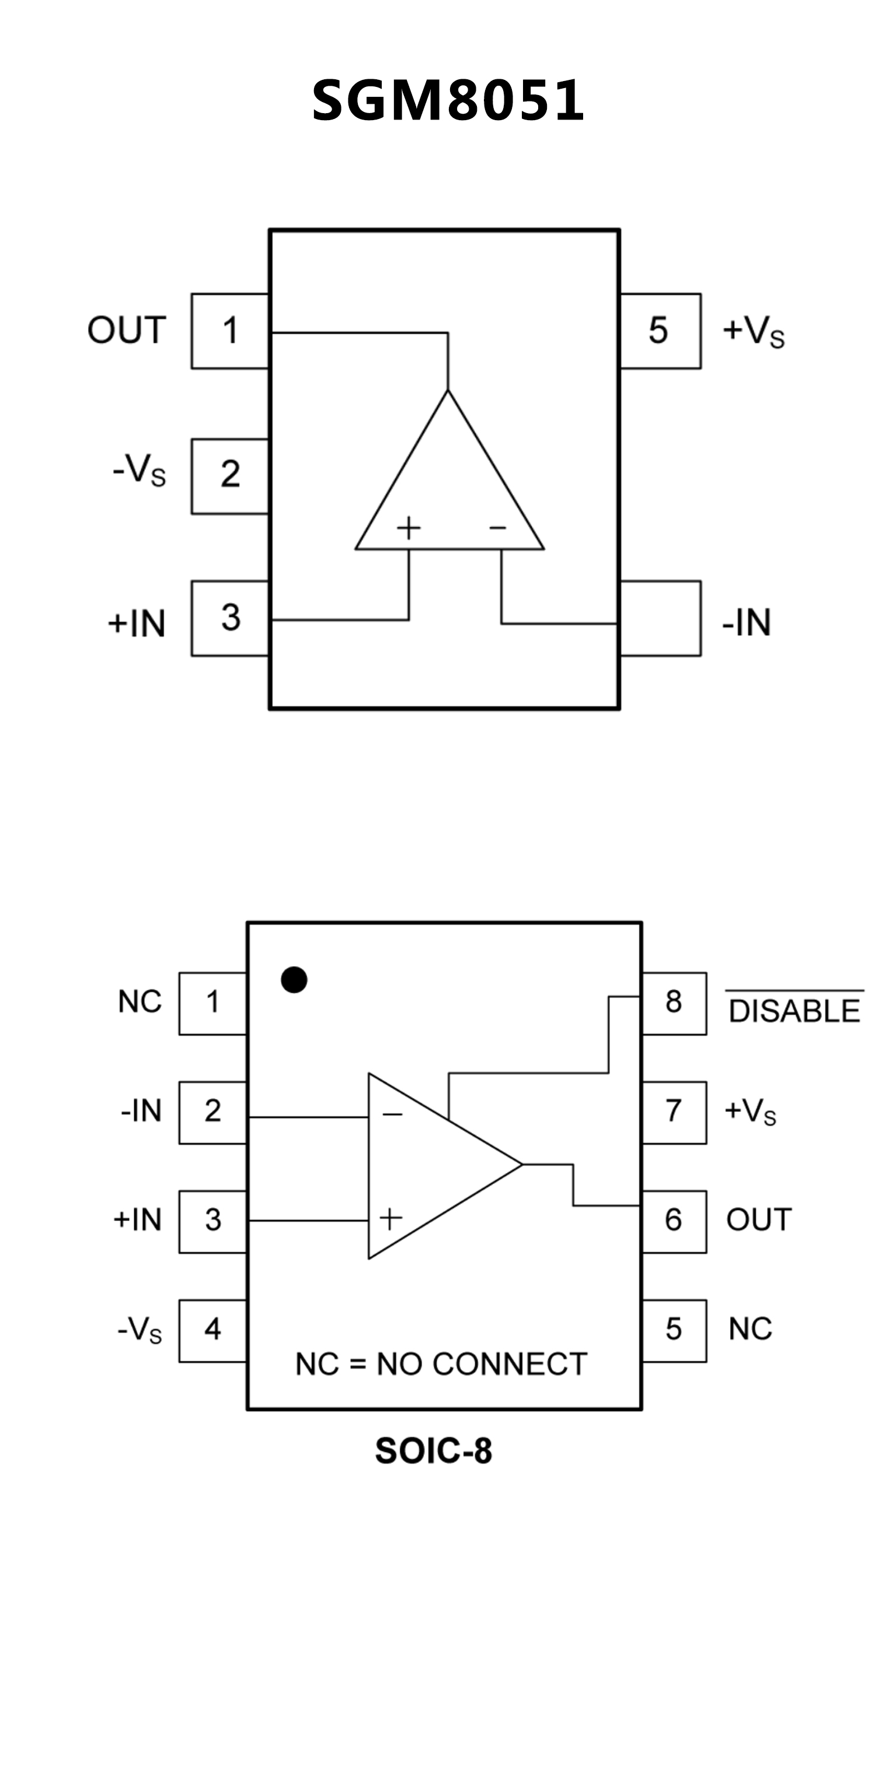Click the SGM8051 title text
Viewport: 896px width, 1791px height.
(448, 101)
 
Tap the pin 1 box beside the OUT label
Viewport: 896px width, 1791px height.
(230, 331)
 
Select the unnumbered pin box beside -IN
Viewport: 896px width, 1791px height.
(660, 618)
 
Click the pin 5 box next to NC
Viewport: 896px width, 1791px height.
(674, 1329)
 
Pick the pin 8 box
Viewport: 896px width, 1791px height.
(674, 1003)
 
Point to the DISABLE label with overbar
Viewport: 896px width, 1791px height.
(794, 1010)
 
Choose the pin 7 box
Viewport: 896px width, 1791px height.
(674, 1112)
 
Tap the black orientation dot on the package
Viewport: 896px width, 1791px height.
(294, 980)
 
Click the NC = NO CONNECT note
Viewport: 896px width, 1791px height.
(441, 1364)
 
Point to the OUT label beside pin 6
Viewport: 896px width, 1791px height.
(759, 1220)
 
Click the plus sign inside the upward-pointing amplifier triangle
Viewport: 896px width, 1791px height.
(409, 528)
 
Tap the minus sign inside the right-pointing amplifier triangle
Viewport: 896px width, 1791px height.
(392, 1114)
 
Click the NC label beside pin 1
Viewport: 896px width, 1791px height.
(140, 1002)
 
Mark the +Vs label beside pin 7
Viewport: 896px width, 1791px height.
(750, 1112)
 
